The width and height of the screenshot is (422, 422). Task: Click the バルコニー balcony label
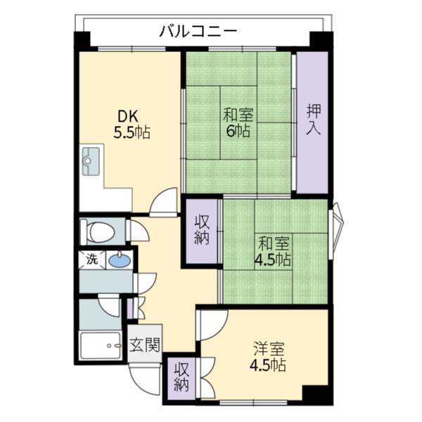point(198,30)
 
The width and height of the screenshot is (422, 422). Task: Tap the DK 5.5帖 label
point(132,124)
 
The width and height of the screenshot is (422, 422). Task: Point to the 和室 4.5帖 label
point(273,252)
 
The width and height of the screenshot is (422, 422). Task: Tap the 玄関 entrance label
point(145,345)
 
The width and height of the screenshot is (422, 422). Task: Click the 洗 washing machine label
point(92,259)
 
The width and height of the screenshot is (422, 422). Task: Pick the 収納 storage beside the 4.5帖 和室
point(202,231)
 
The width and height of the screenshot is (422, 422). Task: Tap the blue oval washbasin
point(119,261)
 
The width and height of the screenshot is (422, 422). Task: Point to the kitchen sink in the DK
point(91,161)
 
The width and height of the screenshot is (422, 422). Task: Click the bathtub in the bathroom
point(102,345)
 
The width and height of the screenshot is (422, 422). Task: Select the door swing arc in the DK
point(165,203)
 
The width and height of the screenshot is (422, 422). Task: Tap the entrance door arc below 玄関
point(143,380)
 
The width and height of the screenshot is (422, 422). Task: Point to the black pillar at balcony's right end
point(320,40)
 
